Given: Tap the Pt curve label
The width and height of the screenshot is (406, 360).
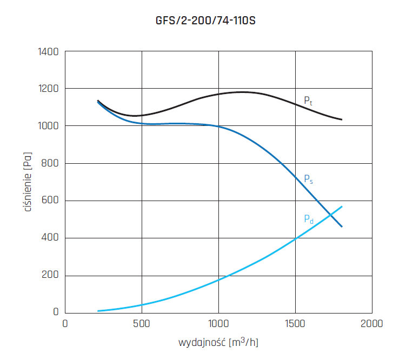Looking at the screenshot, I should tap(307, 100).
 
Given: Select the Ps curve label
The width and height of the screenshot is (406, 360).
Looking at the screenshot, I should tap(307, 178).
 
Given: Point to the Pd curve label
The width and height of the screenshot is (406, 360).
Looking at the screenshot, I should tap(308, 219).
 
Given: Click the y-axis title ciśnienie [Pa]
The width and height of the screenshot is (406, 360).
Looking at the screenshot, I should tap(28, 182).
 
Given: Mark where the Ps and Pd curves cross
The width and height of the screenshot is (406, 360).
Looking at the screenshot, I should tap(330, 215).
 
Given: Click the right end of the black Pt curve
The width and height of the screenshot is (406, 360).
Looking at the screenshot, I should tap(342, 119).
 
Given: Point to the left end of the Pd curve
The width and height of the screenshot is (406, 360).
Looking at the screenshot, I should tap(98, 311).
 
